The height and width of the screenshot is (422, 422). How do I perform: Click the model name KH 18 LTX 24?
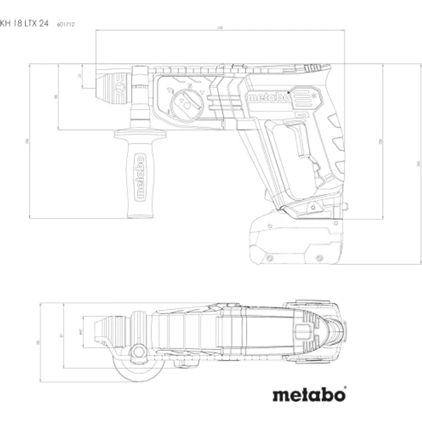point(24,24)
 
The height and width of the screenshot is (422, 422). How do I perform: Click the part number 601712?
point(67,24)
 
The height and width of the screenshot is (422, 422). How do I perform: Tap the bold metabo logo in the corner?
point(308,394)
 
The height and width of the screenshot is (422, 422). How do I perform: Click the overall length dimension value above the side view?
point(220,29)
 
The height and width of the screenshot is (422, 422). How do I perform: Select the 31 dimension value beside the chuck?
point(80,75)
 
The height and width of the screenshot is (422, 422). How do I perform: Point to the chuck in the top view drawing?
point(114,331)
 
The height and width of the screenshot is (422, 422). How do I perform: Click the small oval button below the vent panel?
point(300,115)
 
